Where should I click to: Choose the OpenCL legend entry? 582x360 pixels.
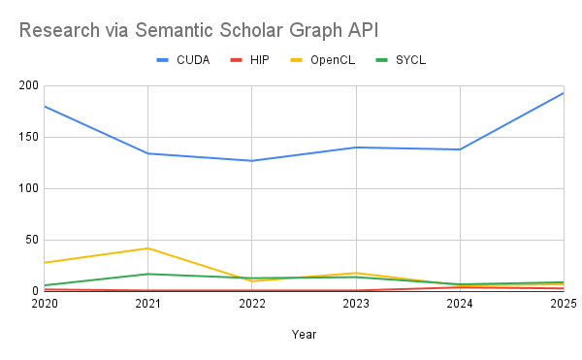click(331, 60)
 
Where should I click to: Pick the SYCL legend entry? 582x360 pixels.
click(409, 60)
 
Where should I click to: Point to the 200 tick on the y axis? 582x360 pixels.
click(27, 85)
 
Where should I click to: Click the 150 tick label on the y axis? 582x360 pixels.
click(27, 137)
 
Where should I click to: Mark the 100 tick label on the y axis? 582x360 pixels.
click(27, 188)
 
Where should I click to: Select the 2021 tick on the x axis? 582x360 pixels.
click(147, 304)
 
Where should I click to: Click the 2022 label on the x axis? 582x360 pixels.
click(251, 304)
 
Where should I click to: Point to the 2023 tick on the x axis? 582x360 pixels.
click(356, 304)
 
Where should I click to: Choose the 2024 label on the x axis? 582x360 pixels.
click(460, 304)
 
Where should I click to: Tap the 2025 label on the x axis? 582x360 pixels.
click(564, 304)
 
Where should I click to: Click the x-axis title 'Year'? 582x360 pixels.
click(304, 334)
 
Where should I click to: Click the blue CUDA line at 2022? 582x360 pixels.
click(251, 161)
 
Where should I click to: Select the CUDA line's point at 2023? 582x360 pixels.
click(356, 147)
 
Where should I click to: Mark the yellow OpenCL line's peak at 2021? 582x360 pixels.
click(147, 248)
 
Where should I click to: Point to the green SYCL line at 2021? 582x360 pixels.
click(147, 274)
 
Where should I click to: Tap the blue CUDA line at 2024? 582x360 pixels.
click(460, 149)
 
